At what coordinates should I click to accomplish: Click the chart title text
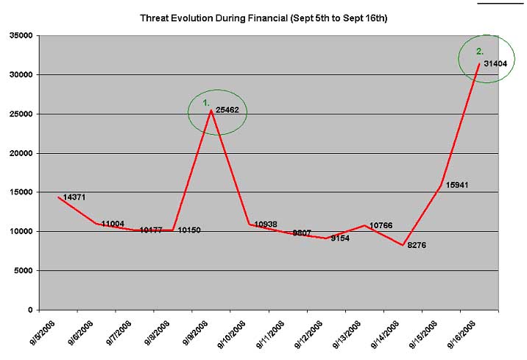263,16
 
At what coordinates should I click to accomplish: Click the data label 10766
382,225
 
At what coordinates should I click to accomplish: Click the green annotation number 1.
207,103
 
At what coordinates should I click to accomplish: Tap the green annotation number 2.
480,52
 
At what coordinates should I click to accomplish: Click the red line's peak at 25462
211,110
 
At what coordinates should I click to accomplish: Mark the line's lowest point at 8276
403,245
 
